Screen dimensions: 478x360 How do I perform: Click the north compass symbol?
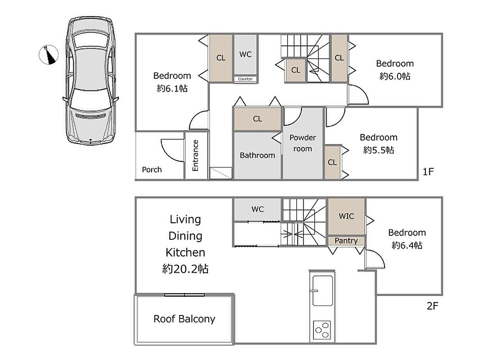49,55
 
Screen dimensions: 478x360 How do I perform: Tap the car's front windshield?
90,99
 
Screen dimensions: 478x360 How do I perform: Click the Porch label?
152,170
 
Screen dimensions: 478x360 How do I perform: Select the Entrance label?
196,155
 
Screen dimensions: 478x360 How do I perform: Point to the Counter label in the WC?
246,79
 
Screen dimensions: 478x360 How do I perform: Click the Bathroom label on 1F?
257,155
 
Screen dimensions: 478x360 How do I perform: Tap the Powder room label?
303,143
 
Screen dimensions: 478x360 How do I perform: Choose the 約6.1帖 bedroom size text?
172,89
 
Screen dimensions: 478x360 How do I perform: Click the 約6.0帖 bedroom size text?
395,76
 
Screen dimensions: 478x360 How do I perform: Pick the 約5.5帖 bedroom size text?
379,150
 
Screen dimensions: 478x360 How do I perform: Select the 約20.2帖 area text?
185,269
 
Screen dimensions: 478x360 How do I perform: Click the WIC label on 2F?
346,216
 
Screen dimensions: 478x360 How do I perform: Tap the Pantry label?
346,241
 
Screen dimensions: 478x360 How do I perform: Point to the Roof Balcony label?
184,319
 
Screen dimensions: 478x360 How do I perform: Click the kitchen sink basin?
322,291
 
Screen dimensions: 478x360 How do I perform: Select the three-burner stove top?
322,330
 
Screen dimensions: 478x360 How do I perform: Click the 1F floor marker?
428,172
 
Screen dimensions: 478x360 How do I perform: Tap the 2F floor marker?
432,306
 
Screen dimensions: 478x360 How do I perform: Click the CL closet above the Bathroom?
258,119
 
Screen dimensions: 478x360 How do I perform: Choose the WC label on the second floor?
258,209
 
